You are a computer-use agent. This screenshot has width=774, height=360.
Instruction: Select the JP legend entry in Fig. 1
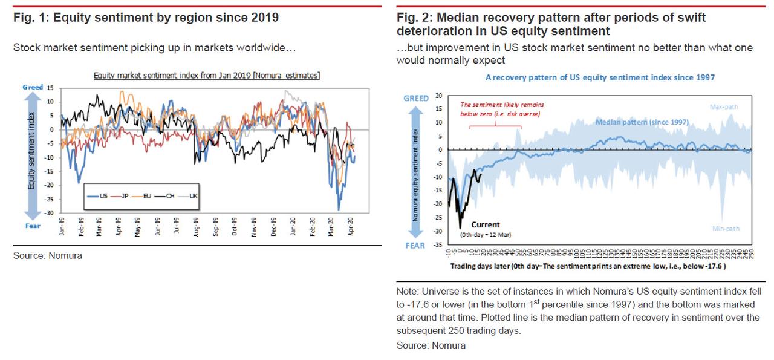(121, 197)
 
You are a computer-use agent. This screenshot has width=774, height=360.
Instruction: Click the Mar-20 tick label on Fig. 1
(331, 231)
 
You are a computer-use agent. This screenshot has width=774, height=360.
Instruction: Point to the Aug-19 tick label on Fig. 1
(195, 231)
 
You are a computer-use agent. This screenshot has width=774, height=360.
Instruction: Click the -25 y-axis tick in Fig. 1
(50, 199)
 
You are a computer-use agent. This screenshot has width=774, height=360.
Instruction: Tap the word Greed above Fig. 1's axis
(33, 87)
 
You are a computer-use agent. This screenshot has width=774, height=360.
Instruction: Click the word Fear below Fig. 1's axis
(33, 226)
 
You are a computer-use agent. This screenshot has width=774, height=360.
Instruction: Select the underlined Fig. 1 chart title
(207, 76)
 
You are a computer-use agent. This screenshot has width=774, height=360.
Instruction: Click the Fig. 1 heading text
(146, 18)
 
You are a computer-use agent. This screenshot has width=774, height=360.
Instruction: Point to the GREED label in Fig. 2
(416, 98)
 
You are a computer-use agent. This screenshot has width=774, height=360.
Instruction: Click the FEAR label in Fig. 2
(416, 246)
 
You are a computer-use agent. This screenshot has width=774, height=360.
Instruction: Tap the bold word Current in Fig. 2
(486, 225)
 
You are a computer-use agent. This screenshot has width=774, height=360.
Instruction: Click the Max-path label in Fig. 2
(724, 107)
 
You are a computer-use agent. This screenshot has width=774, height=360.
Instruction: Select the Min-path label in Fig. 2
(724, 228)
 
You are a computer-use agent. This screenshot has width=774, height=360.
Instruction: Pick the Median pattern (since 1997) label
(642, 122)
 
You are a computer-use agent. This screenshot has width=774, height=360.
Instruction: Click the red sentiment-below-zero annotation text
(500, 109)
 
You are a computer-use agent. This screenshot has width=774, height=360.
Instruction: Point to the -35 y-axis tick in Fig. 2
(438, 246)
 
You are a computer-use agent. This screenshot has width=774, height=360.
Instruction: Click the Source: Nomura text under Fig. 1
(48, 256)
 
